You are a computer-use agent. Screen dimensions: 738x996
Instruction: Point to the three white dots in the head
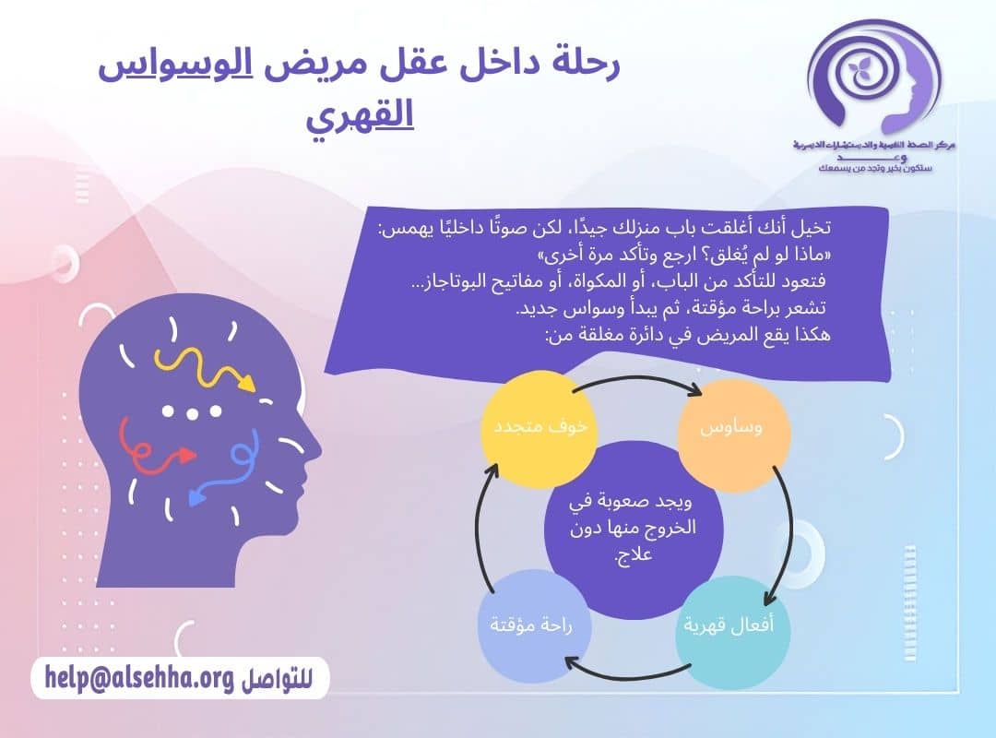[192, 412]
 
